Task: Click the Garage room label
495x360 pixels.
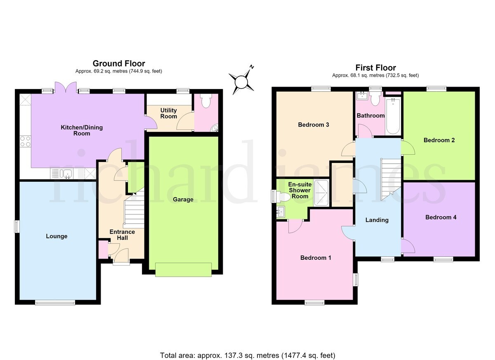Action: click(x=183, y=200)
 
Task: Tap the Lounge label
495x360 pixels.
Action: click(x=57, y=236)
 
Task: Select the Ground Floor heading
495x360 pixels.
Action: click(x=119, y=64)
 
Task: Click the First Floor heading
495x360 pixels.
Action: click(x=376, y=68)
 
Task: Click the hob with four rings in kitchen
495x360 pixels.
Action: click(x=25, y=141)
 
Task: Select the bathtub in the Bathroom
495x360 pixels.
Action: click(x=393, y=116)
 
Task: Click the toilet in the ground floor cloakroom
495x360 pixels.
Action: click(x=206, y=101)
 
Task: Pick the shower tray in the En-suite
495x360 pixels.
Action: click(x=321, y=193)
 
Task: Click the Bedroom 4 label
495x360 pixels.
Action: click(x=441, y=217)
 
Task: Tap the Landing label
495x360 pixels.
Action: click(x=377, y=220)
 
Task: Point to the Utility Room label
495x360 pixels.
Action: click(x=169, y=113)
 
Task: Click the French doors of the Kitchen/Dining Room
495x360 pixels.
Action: click(x=66, y=87)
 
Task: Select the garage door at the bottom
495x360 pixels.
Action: click(x=183, y=269)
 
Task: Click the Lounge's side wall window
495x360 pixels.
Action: click(x=16, y=226)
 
